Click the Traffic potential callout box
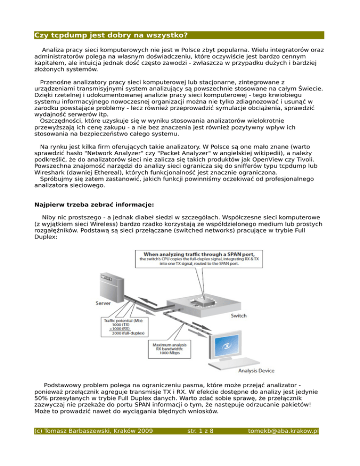tap(123, 326)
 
